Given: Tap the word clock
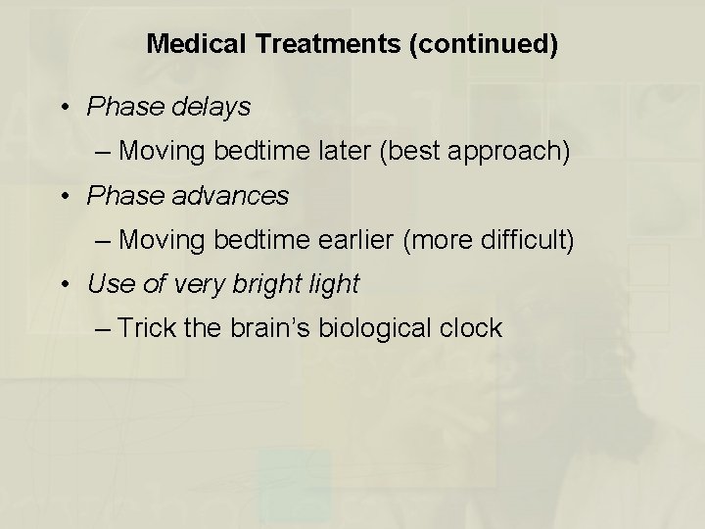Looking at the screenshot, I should pyautogui.click(x=473, y=328).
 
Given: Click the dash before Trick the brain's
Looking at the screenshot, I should pyautogui.click(x=106, y=329).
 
